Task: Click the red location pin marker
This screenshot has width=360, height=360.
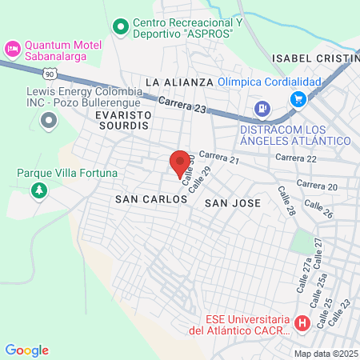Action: (180, 162)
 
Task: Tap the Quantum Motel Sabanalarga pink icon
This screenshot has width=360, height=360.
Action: (12, 49)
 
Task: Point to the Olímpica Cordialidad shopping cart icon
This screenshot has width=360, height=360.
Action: (298, 99)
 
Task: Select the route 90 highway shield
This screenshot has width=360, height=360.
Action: (50, 74)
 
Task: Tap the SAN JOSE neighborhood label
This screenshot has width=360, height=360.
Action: (233, 203)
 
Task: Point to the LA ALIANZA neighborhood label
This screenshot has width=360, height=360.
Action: (179, 82)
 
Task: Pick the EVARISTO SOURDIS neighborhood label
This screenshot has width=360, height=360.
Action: (110, 120)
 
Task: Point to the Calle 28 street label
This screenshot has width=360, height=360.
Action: (286, 202)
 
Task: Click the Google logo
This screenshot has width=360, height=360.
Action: (26, 350)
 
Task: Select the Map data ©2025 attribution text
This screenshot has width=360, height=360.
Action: (325, 353)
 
